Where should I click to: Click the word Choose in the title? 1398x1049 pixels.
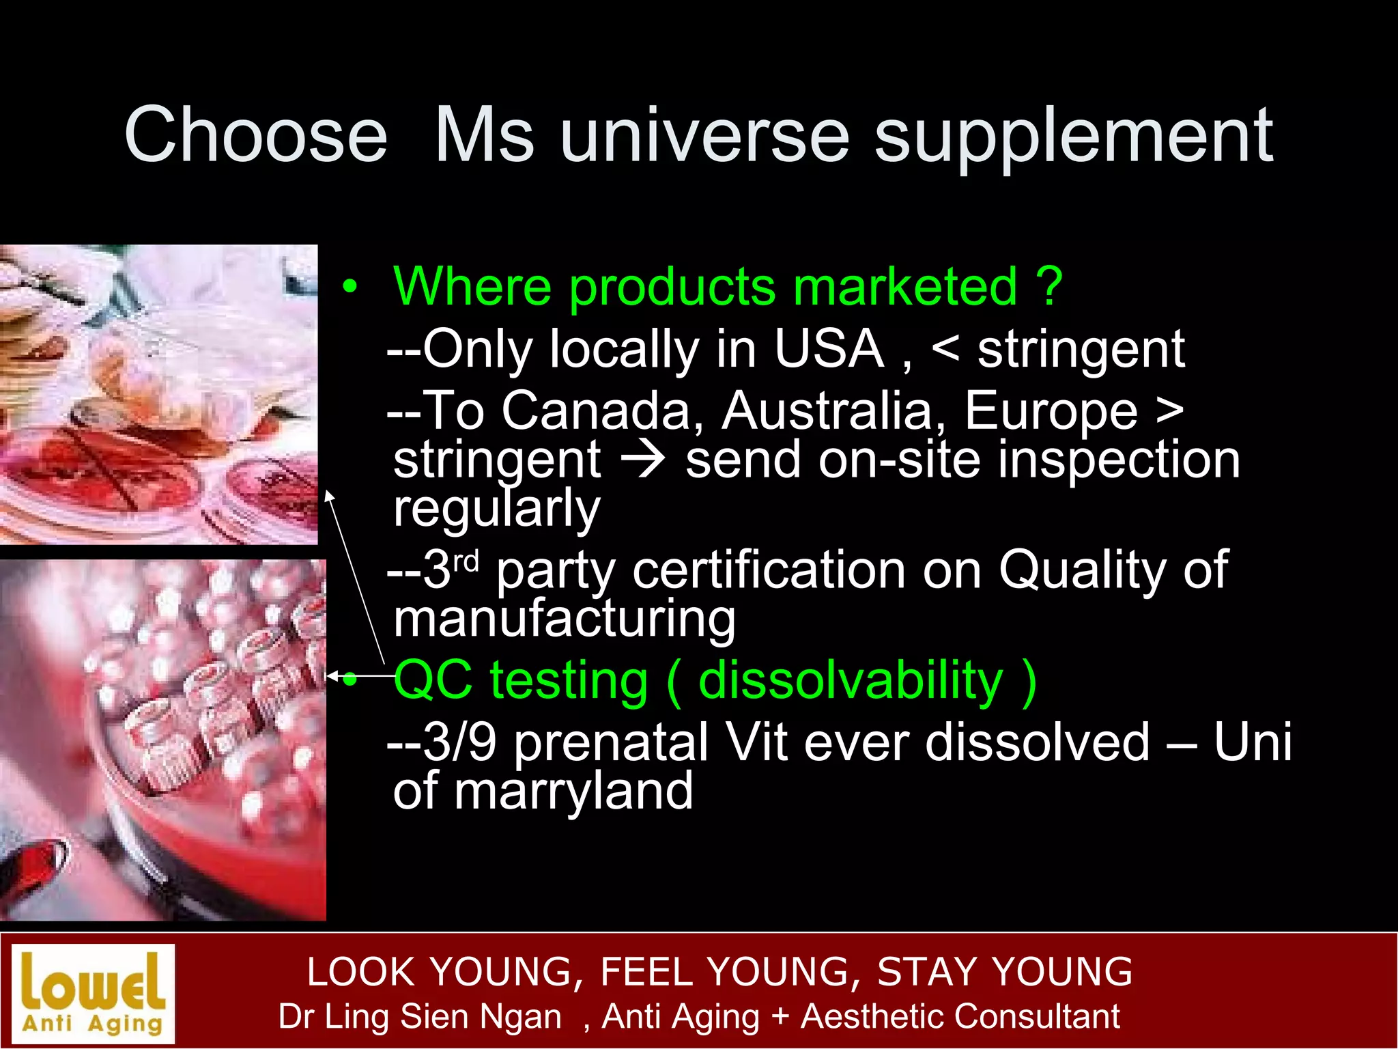click(x=256, y=135)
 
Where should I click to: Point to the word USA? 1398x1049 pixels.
click(x=829, y=349)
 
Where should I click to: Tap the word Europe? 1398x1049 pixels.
click(x=1051, y=411)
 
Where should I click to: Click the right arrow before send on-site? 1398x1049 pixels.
click(x=642, y=460)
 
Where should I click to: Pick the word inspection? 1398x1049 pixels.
click(x=1119, y=460)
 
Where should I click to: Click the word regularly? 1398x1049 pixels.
click(x=496, y=509)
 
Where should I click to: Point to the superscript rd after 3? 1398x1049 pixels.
click(x=466, y=561)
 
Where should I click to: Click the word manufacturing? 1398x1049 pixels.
click(x=565, y=620)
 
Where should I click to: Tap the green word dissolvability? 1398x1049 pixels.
click(x=851, y=681)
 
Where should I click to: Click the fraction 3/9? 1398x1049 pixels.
click(x=459, y=742)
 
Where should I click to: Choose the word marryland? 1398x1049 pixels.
click(x=573, y=792)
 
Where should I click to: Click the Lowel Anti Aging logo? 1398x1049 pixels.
click(x=94, y=993)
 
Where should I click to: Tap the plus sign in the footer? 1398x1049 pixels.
click(x=780, y=1017)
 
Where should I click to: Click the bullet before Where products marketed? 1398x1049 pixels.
click(x=350, y=287)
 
